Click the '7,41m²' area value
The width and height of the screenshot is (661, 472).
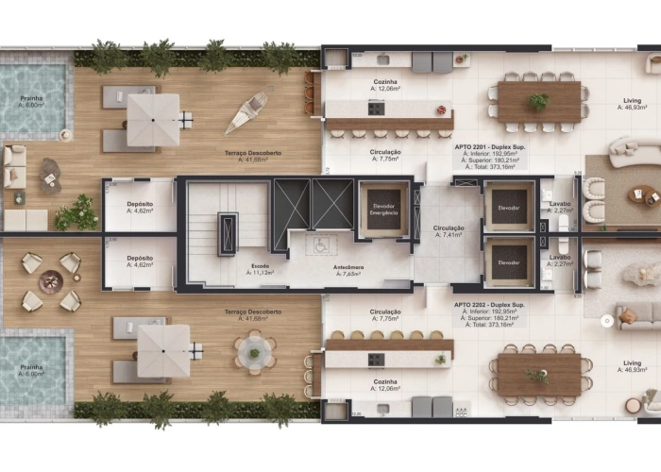tap(449, 234)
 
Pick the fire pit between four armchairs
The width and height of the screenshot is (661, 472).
tap(51, 281)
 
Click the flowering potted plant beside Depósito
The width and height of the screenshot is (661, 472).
tap(76, 215)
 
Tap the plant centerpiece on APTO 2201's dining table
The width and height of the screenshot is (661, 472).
tap(538, 101)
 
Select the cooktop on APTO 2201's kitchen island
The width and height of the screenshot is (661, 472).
tap(376, 108)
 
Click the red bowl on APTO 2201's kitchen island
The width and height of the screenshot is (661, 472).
tap(443, 109)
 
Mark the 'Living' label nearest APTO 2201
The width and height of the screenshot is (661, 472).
tap(630, 101)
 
